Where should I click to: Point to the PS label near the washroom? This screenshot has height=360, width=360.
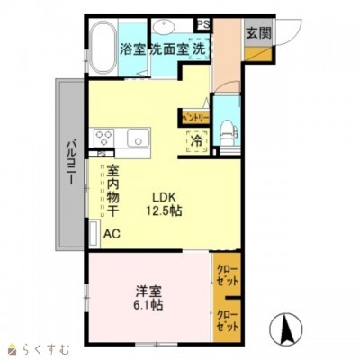[203, 24]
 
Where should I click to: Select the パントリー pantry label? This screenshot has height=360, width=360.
[195, 118]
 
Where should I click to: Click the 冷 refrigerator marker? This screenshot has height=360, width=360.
[195, 140]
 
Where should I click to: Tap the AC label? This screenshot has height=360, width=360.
[111, 234]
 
